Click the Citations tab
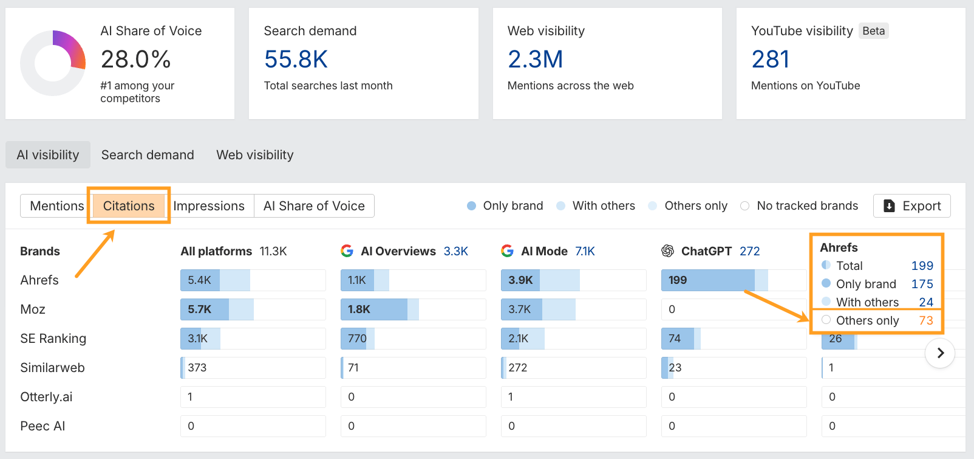tap(129, 206)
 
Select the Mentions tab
tap(56, 206)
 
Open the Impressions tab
tap(209, 206)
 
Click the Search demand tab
tap(148, 155)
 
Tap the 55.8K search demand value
tap(296, 60)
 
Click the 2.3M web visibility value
tap(535, 60)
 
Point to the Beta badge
tap(873, 31)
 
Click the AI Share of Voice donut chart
tap(53, 63)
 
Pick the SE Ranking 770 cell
tap(413, 339)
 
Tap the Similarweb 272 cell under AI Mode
tap(573, 368)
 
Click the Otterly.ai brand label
tap(46, 397)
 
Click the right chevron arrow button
tap(940, 353)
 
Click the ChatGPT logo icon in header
tap(668, 251)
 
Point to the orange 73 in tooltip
tap(925, 320)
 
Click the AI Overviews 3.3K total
tap(455, 251)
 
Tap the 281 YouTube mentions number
tap(770, 60)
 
